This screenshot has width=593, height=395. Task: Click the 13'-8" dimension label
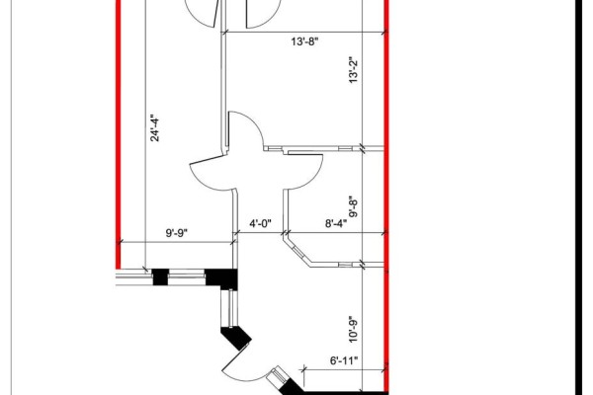(304, 41)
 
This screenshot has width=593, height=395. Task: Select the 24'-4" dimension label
(155, 127)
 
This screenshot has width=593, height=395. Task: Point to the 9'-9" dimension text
(177, 233)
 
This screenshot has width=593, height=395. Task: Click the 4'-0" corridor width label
(260, 224)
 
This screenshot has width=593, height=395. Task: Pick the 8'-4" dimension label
(336, 224)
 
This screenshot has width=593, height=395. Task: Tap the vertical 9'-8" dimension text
(353, 206)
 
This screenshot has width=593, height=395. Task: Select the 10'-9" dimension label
(353, 329)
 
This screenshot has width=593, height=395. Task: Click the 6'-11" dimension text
(344, 360)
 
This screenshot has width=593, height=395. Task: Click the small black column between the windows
(160, 277)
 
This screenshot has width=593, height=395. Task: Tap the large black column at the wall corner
(221, 278)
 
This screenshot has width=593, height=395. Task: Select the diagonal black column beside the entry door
(236, 338)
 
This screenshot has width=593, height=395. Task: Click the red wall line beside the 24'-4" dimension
(118, 134)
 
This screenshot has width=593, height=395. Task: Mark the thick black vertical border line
(578, 197)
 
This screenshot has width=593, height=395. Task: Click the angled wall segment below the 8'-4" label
(298, 251)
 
